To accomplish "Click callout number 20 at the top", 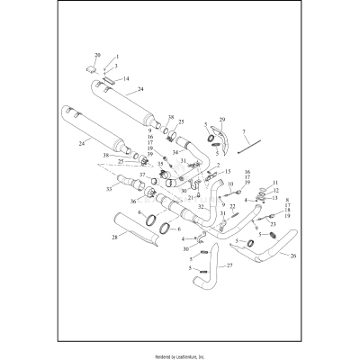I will click(98, 56).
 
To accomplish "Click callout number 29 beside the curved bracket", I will click(222, 119).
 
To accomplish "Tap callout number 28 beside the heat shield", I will click(114, 238).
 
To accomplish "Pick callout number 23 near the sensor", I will click(274, 224).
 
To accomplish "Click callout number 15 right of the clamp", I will click(229, 171).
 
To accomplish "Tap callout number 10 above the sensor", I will click(229, 184).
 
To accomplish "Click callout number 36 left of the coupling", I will click(133, 202).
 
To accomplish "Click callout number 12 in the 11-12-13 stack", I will click(276, 191).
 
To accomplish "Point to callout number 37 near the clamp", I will click(142, 175).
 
